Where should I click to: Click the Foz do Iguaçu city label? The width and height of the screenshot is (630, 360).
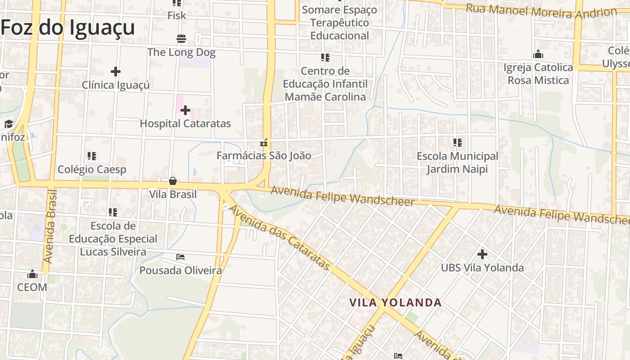point(67,27)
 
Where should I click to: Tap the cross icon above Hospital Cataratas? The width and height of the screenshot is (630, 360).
point(185,110)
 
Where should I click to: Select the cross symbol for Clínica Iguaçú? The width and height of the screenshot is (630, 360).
point(116,72)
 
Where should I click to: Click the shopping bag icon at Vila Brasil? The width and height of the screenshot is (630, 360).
point(173,181)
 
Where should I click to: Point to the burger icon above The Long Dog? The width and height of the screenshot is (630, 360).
point(181,39)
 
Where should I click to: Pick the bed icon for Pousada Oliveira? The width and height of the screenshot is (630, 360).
point(180,257)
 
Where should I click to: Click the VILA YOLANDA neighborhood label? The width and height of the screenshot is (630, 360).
point(396,302)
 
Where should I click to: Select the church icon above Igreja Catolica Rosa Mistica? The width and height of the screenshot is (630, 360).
point(538,55)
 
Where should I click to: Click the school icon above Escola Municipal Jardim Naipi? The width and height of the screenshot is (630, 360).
point(458,143)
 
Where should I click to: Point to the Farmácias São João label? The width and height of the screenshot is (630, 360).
point(264,156)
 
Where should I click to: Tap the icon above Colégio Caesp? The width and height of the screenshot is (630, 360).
point(92,156)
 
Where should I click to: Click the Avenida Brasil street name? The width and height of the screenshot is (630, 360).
point(50,226)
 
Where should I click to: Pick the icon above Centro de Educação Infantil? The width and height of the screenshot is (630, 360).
point(325,58)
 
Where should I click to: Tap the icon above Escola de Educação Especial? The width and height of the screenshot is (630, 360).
point(112,212)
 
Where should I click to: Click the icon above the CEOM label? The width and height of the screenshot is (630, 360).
point(32,274)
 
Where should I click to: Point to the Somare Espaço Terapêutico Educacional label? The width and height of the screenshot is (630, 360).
point(340,22)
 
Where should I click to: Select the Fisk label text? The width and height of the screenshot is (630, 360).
point(176,16)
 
